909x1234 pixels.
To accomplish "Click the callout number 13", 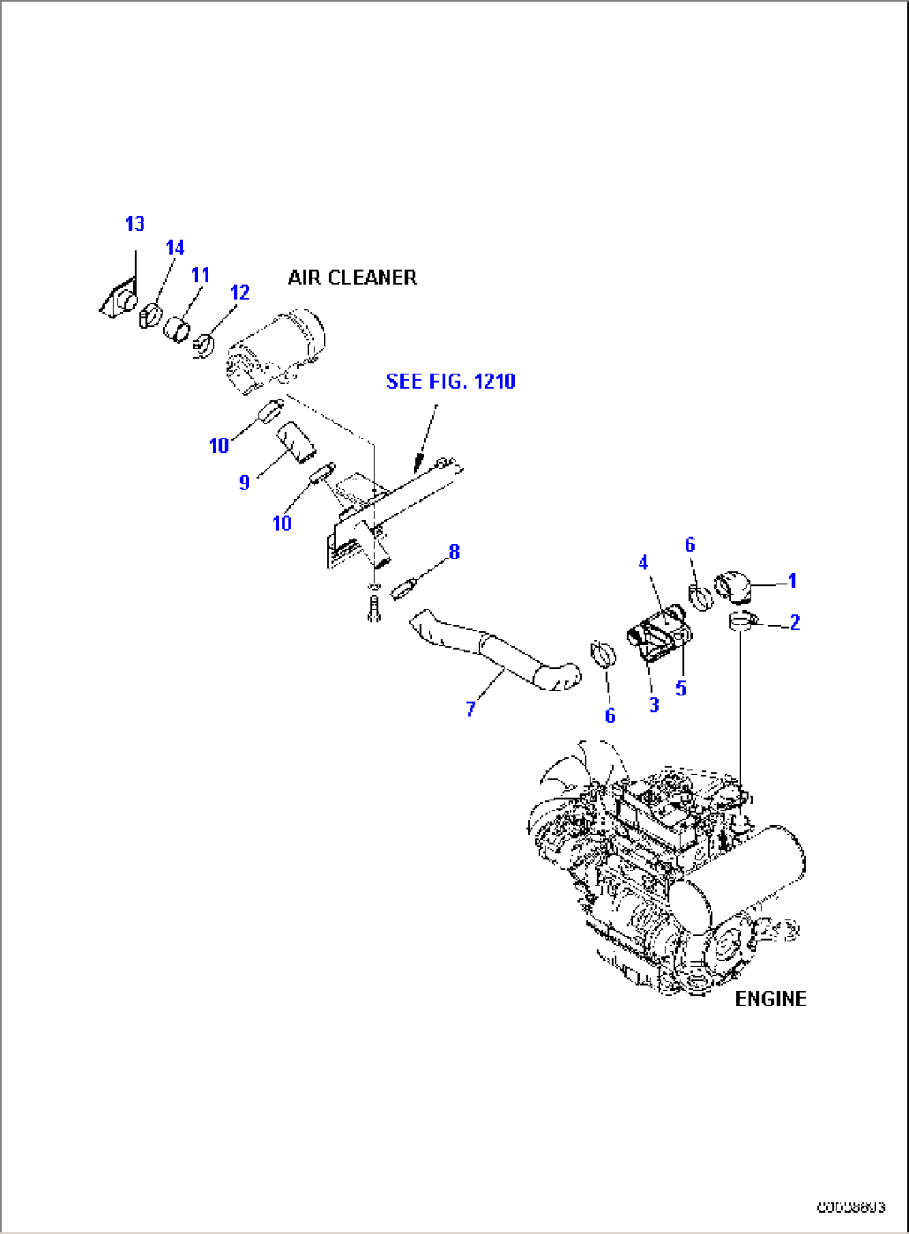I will pos(134,224).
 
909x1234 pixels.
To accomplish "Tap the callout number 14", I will pos(174,248).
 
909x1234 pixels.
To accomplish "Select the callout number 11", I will pos(200,275).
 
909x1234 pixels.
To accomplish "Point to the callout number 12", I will pos(239,293).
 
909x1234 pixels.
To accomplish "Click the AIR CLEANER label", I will pos(352,278).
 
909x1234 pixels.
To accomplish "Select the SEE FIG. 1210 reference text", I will pos(450,381).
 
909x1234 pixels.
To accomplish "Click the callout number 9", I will pos(244,483).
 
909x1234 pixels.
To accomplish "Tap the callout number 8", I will pos(454,552).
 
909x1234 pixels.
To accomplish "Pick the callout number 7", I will pos(471,710).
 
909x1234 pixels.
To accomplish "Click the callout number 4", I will pos(643,564).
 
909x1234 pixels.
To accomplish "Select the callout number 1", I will pos(792,580).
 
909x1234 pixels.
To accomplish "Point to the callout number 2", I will pos(795,623).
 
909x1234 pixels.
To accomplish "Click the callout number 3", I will pos(654,705).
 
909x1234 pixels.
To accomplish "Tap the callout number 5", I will pos(680,689).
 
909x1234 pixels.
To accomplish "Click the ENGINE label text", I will pos(770,999).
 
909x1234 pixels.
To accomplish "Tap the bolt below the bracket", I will pos(374,609).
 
